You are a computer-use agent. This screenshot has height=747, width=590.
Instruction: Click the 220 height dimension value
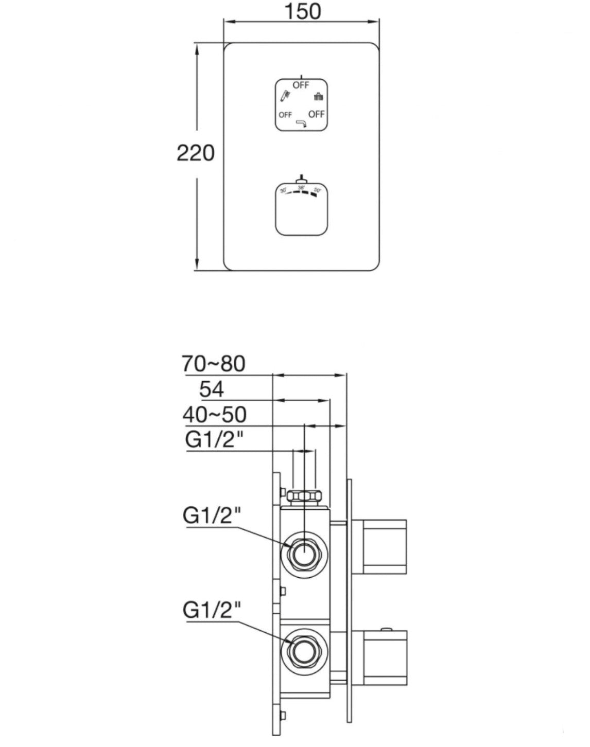pyautogui.click(x=196, y=153)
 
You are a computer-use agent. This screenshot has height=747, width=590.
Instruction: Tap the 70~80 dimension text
pyautogui.click(x=214, y=364)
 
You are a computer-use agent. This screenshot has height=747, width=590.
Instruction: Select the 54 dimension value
pyautogui.click(x=212, y=389)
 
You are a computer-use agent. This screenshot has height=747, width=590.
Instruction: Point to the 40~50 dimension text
pyautogui.click(x=214, y=415)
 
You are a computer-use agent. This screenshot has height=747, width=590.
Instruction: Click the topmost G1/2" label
pyautogui.click(x=214, y=440)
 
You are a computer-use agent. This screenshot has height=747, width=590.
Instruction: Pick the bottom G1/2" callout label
pyautogui.click(x=212, y=611)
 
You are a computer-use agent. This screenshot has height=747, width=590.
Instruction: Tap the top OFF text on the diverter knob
pyautogui.click(x=301, y=85)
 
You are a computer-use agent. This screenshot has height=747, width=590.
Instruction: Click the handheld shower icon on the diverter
pyautogui.click(x=285, y=96)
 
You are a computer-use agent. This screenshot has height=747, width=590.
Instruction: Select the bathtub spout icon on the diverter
pyautogui.click(x=301, y=123)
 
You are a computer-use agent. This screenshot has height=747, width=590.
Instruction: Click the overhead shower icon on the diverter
pyautogui.click(x=318, y=96)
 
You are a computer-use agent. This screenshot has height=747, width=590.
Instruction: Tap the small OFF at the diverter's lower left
pyautogui.click(x=285, y=115)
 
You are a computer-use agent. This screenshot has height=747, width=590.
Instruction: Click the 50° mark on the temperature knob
pyautogui.click(x=318, y=191)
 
